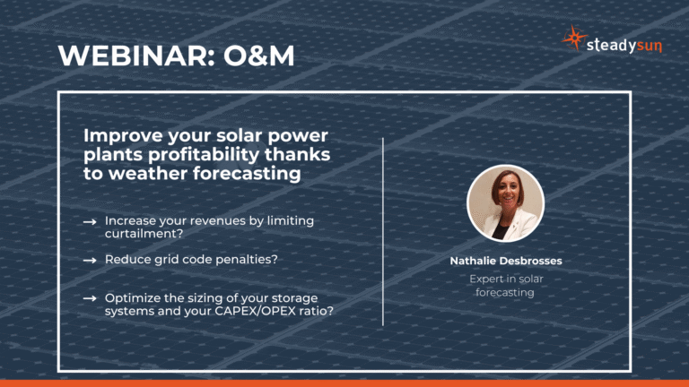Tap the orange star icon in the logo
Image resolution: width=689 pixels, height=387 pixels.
tap(573, 39)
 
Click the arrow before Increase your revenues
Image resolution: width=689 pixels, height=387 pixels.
tap(90, 221)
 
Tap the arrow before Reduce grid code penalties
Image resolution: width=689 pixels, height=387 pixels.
tap(90, 260)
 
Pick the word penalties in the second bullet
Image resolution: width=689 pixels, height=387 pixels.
tap(246, 259)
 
